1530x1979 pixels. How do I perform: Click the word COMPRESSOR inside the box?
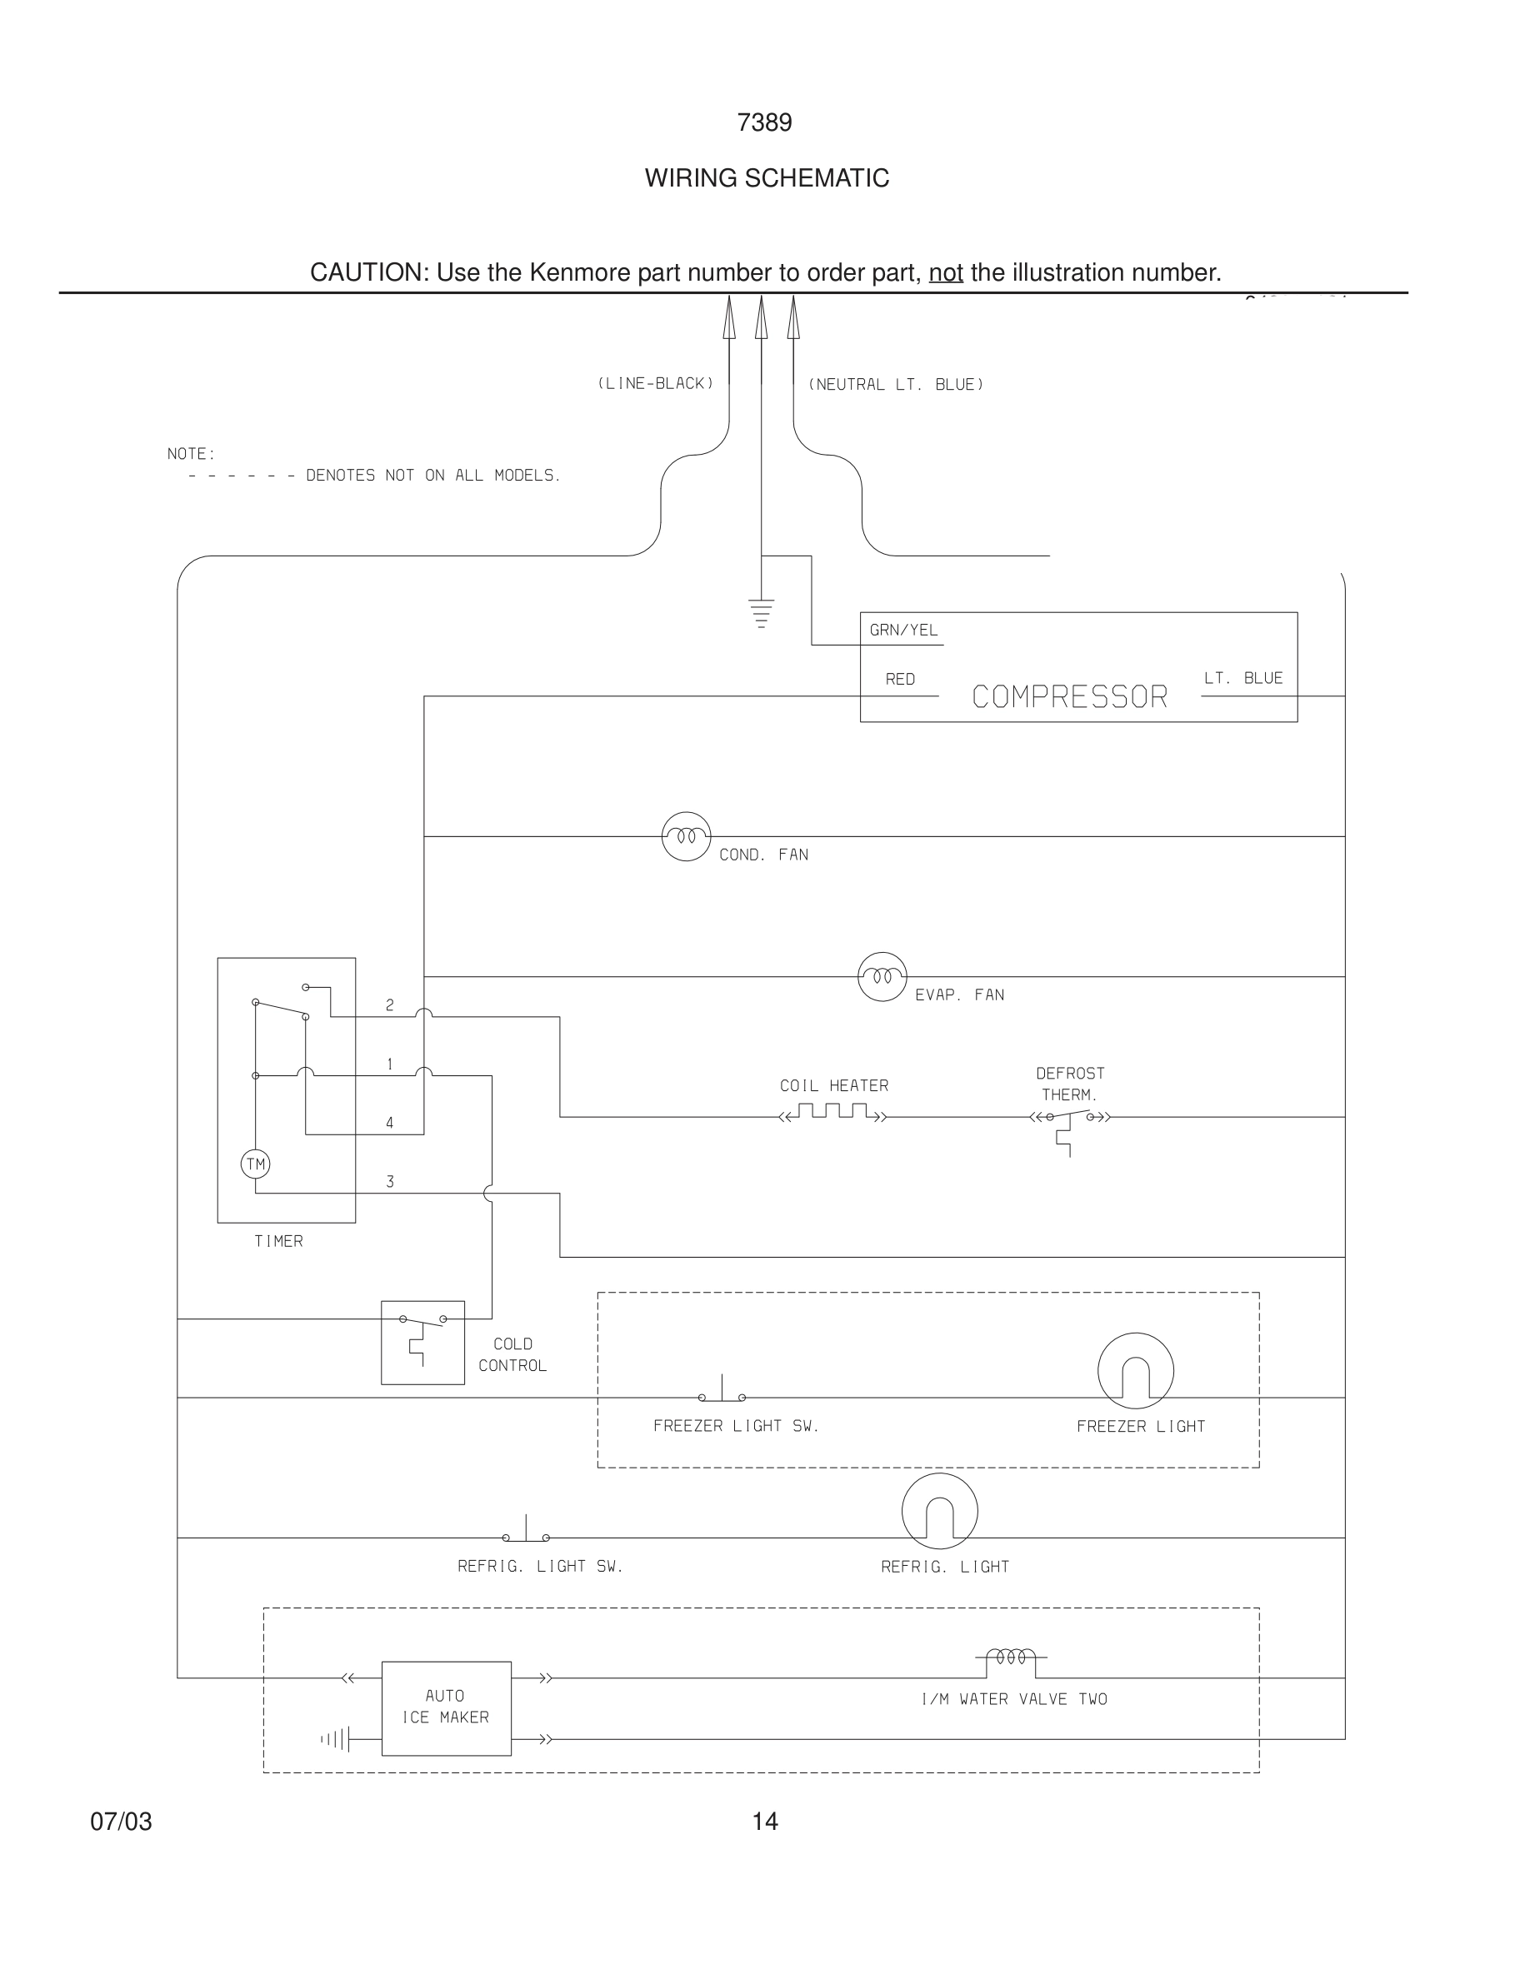coord(1069,697)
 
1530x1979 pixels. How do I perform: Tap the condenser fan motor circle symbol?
coord(686,836)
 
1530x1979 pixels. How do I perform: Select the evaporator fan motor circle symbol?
coord(882,977)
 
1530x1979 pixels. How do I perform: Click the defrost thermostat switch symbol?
coord(1069,1124)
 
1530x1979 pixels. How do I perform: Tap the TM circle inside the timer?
coord(256,1164)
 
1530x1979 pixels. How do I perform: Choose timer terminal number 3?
coord(390,1182)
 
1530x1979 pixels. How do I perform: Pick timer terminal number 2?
coord(390,1004)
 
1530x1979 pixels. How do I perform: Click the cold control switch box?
coord(422,1342)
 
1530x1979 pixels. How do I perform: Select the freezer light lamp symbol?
coord(1135,1371)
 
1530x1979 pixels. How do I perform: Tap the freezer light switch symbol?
coord(722,1393)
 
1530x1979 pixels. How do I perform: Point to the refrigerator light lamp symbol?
coord(939,1512)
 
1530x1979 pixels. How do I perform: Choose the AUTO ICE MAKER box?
coord(446,1708)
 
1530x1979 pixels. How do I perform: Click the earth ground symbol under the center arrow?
coord(762,612)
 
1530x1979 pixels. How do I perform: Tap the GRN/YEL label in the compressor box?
coord(903,630)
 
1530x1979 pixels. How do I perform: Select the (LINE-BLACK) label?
coord(655,383)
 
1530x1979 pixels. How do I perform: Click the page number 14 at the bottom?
coord(764,1822)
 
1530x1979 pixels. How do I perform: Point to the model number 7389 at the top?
coord(764,122)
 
